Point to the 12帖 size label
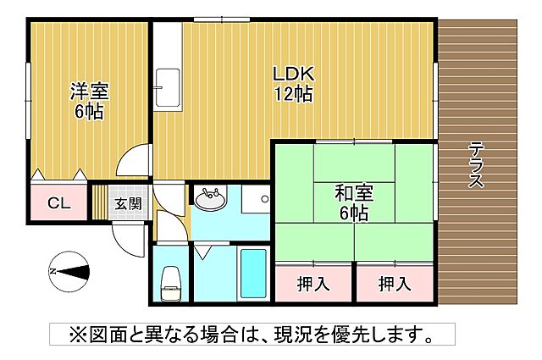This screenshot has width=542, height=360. point(293,94)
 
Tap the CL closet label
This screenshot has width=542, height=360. point(58,203)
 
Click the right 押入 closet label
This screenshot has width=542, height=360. point(394,283)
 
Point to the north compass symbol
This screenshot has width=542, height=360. point(69,271)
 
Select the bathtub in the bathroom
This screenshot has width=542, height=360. point(252,274)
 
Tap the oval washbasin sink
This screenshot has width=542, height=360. point(209,201)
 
